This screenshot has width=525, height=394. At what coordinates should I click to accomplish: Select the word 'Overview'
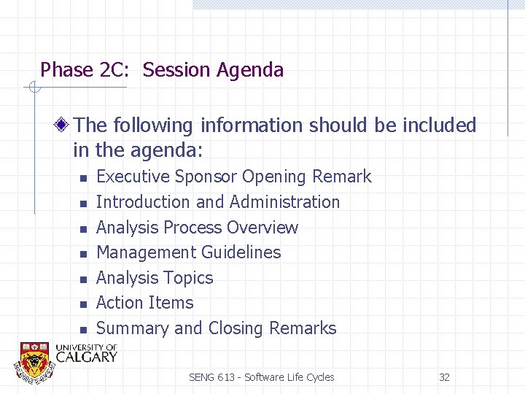[262, 228]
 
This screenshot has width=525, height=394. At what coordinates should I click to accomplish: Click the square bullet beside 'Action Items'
[84, 304]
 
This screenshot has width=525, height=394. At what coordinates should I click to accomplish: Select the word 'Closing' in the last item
[236, 329]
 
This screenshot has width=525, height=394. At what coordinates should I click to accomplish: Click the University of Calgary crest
[34, 360]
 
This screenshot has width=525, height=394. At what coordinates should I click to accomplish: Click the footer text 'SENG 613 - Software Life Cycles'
[261, 377]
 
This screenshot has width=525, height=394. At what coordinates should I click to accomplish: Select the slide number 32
[444, 377]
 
